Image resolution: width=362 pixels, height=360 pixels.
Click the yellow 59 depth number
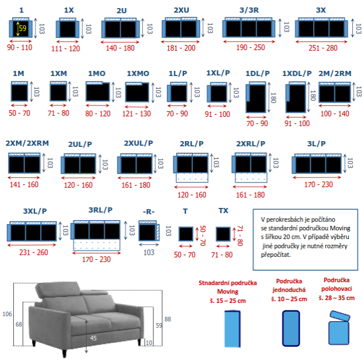click(x=22, y=28)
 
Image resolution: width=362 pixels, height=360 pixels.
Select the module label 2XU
click(x=181, y=10)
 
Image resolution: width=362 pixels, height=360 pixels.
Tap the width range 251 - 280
click(x=323, y=48)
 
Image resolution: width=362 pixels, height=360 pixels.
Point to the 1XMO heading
click(x=138, y=74)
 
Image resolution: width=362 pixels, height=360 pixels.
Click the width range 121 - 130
click(x=136, y=113)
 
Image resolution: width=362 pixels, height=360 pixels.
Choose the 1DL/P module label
click(x=257, y=74)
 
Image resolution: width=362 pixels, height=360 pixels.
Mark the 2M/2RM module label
click(x=335, y=74)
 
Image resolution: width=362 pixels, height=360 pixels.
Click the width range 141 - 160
click(x=24, y=184)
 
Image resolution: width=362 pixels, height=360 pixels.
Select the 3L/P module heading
click(x=317, y=144)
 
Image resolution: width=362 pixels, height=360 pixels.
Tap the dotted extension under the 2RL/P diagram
click(x=192, y=177)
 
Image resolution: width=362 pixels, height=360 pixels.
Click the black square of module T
click(x=186, y=234)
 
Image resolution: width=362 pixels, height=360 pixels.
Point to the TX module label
click(x=223, y=211)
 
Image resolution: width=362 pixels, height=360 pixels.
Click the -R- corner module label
click(x=148, y=211)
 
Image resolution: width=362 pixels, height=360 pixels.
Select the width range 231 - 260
click(x=34, y=252)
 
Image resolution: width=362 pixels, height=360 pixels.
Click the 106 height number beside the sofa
click(x=7, y=314)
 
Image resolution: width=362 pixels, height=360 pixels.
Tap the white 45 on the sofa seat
click(x=93, y=338)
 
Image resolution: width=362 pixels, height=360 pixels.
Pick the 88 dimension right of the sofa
click(x=167, y=319)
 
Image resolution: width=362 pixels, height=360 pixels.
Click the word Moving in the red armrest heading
click(x=228, y=291)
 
